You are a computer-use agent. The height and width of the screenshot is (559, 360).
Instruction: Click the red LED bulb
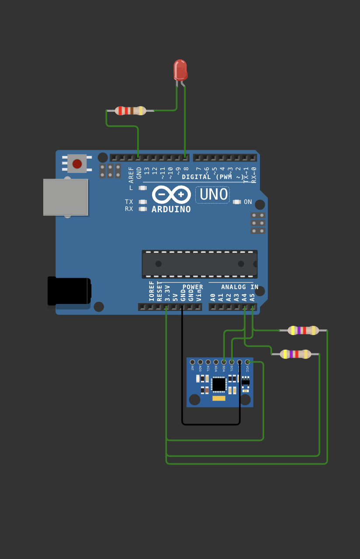(180, 70)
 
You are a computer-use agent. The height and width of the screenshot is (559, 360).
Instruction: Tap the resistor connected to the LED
(130, 110)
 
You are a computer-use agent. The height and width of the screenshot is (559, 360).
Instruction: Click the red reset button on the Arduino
(77, 164)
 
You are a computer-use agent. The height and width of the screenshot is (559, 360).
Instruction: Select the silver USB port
(66, 197)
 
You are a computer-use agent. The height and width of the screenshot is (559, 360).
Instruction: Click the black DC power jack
(69, 291)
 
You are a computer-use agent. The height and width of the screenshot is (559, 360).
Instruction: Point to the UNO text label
(213, 194)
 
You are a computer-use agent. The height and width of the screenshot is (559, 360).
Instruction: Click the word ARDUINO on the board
(171, 209)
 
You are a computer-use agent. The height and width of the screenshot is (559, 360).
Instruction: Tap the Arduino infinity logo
(171, 194)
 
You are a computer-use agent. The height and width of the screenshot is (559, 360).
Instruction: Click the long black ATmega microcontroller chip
(199, 264)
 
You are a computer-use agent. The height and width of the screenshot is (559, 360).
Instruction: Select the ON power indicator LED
(237, 202)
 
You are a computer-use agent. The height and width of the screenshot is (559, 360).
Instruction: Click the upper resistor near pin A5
(303, 330)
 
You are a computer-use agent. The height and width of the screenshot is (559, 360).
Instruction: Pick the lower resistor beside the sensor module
(295, 354)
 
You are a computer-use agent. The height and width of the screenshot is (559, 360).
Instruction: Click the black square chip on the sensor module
(218, 384)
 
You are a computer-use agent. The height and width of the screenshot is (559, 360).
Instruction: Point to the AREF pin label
(131, 172)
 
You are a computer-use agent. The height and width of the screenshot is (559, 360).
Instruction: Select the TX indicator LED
(142, 202)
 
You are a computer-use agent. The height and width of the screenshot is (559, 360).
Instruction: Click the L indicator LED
(142, 188)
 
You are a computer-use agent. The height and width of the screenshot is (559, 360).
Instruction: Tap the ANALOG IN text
(239, 287)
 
